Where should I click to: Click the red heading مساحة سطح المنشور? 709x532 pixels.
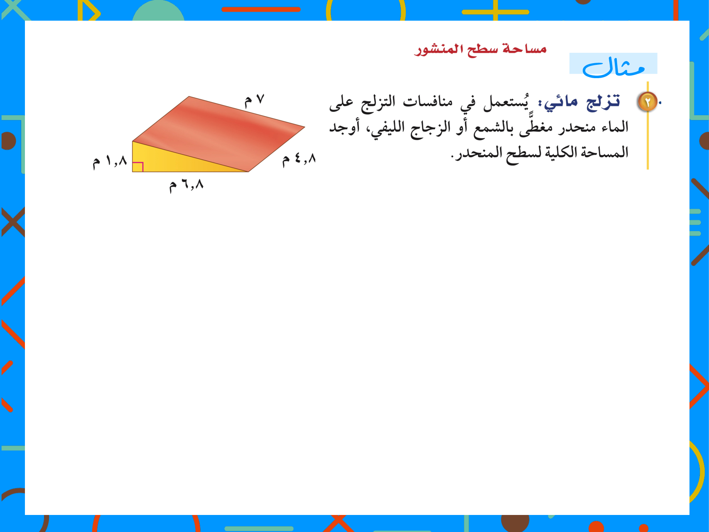(x=480, y=49)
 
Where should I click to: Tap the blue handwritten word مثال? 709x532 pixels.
(x=613, y=66)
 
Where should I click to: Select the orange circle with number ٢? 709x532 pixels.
(x=648, y=102)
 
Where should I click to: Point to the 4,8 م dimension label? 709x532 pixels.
(x=299, y=159)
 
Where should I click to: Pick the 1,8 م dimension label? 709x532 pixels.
(x=110, y=162)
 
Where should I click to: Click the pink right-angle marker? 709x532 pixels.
(x=138, y=167)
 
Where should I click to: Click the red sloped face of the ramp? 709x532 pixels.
(x=219, y=133)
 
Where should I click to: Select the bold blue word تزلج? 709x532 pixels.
(x=603, y=102)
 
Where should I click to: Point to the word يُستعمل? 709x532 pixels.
(x=506, y=102)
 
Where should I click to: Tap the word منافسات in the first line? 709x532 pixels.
(x=427, y=102)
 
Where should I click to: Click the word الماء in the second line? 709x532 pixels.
(x=615, y=127)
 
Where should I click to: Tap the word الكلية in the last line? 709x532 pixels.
(x=561, y=153)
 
